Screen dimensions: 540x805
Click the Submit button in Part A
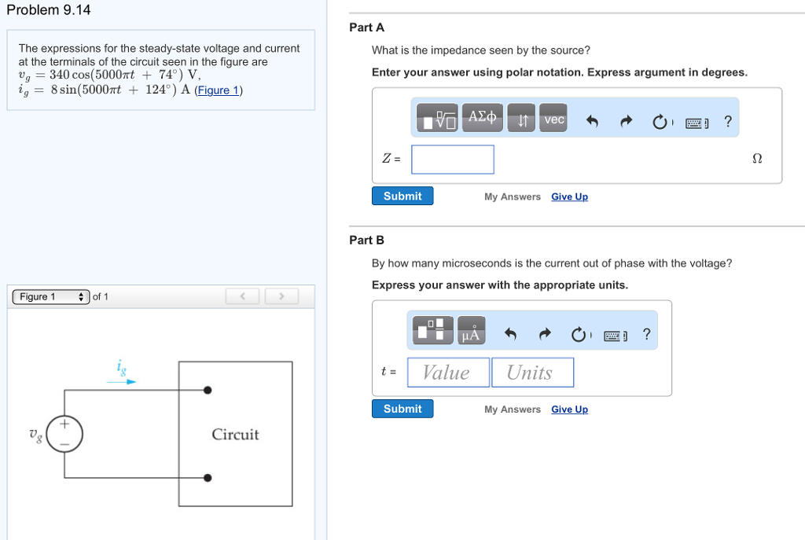[x=402, y=196]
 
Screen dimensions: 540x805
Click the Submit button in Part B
[x=402, y=409]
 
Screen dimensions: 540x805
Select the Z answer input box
[x=452, y=159]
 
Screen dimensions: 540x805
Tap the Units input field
[x=532, y=373]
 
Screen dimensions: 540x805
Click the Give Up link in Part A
[x=569, y=197]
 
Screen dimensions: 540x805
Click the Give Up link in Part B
[x=569, y=410]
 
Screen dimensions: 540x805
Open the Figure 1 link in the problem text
[x=219, y=90]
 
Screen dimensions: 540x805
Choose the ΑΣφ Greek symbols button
[x=482, y=118]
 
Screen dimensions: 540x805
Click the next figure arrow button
[x=281, y=296]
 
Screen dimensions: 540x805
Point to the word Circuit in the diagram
[x=235, y=435]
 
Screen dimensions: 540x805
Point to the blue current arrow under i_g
[x=121, y=381]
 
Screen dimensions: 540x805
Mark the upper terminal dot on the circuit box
[x=208, y=390]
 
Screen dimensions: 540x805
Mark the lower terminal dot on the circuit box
[x=208, y=477]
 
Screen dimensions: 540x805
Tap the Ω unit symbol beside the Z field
[x=757, y=159]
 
